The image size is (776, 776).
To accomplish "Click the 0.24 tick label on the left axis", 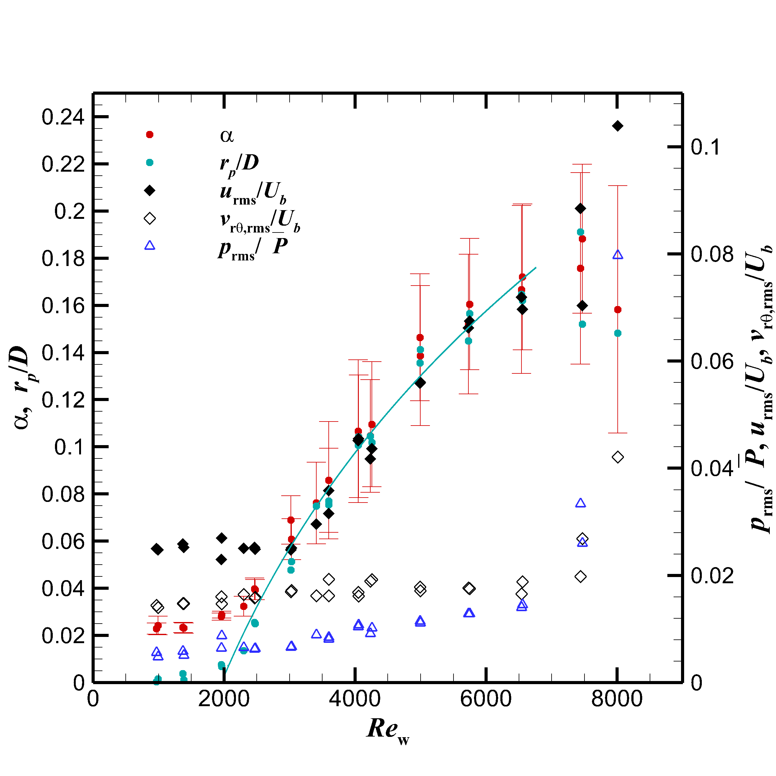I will [x=63, y=117].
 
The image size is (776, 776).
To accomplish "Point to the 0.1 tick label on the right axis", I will [x=706, y=147].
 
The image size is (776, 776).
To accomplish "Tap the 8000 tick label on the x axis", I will [x=617, y=699].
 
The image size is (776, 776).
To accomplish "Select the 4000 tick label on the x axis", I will [x=355, y=699].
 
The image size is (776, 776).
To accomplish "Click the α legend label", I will [x=227, y=136].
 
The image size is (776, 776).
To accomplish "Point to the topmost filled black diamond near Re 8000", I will [x=618, y=126].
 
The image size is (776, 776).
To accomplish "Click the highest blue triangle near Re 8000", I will [x=618, y=255].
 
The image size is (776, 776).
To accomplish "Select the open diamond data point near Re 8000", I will [x=618, y=457].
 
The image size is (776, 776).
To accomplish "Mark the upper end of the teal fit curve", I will [x=536, y=268].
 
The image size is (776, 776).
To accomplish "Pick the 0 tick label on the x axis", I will [x=93, y=699].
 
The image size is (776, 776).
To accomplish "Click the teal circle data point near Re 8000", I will [x=618, y=333].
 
